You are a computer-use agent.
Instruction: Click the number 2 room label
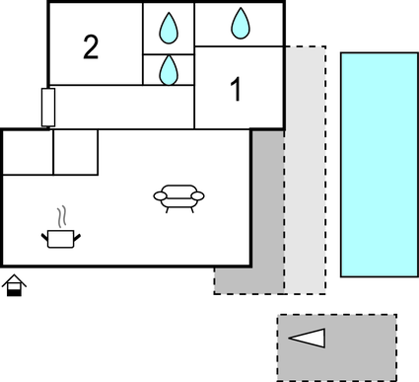(x=91, y=47)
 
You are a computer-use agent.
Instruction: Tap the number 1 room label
(x=236, y=90)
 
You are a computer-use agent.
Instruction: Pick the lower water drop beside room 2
(x=170, y=68)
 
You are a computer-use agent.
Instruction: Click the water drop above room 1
(x=241, y=21)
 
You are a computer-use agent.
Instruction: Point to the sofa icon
(x=179, y=197)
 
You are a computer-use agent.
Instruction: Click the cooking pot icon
(x=61, y=237)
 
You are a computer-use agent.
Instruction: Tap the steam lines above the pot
(x=63, y=216)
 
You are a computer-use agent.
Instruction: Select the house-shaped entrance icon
(x=14, y=287)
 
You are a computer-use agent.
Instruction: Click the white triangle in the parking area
(x=308, y=339)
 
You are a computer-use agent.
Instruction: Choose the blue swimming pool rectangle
(x=379, y=165)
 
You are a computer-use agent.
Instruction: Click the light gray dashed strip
(x=305, y=168)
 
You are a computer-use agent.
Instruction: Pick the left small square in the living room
(x=28, y=152)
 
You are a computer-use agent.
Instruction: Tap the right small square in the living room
(x=75, y=152)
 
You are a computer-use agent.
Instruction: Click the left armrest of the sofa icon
(x=159, y=196)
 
